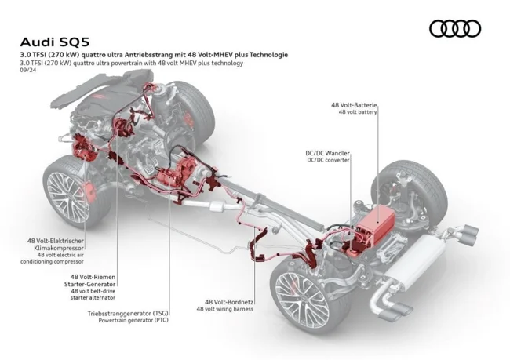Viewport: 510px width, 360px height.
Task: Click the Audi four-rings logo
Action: pos(455,29)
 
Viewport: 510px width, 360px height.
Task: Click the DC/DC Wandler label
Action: pos(327,153)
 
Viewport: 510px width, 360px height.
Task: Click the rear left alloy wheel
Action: pos(300,301)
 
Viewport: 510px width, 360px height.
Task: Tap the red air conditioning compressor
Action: pos(80,147)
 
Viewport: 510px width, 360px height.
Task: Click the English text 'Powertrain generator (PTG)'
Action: pos(133,321)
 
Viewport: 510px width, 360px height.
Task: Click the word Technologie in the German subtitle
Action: pos(264,55)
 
